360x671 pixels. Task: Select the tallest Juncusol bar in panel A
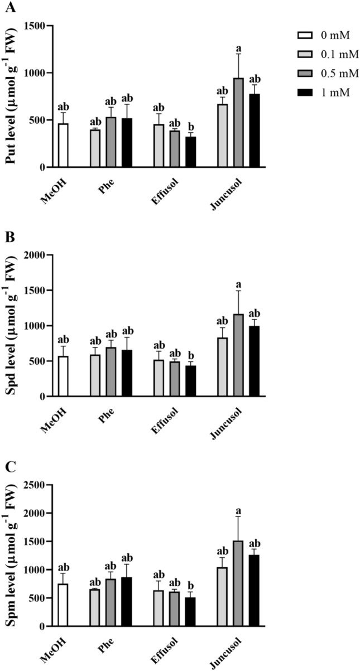[238, 123]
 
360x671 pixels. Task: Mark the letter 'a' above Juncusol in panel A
[238, 46]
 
